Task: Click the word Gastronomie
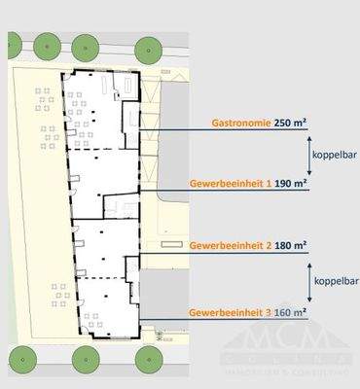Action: tap(240, 124)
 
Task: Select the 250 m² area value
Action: tap(291, 124)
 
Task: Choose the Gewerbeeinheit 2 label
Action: tap(230, 244)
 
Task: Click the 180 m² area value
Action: tap(291, 244)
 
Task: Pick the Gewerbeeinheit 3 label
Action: tap(230, 314)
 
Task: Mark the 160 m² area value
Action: tap(291, 314)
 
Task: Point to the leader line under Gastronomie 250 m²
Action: tap(224, 131)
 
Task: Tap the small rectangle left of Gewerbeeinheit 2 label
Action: tap(172, 244)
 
